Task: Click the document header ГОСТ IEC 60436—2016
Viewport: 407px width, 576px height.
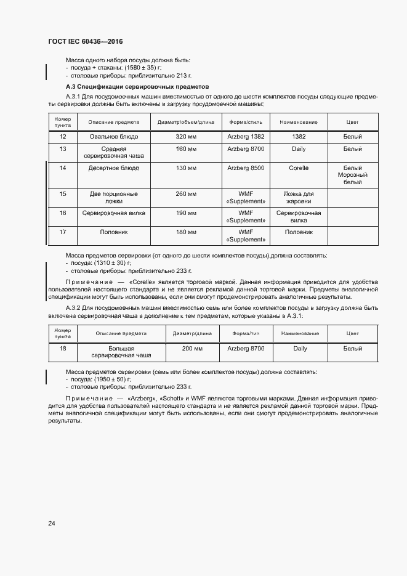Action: [85, 41]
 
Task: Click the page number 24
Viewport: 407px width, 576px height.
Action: [52, 524]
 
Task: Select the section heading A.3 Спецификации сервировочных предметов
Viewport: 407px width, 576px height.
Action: [137, 87]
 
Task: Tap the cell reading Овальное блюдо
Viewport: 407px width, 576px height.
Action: [114, 136]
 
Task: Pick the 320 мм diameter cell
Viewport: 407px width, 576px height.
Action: [185, 136]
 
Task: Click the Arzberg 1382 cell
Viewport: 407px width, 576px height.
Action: [246, 136]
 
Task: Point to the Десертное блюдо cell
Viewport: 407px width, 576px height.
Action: [114, 168]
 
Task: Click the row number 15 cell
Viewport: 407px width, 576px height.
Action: [63, 194]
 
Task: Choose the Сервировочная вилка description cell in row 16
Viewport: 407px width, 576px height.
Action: [114, 213]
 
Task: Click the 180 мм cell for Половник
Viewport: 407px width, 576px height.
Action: [185, 232]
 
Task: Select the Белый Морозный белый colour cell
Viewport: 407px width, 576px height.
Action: [352, 175]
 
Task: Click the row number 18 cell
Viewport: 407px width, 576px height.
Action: [63, 349]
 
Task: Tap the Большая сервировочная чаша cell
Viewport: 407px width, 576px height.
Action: [121, 352]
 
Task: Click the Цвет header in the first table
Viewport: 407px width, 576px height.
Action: [352, 123]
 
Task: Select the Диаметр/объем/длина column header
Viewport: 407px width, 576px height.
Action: [185, 123]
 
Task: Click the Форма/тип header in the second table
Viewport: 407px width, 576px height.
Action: [246, 333]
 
